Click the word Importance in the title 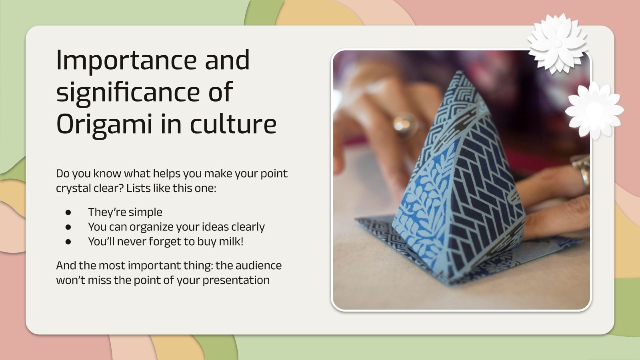click(x=126, y=61)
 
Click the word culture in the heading click(x=233, y=124)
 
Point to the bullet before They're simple click(x=68, y=212)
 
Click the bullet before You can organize click(x=68, y=227)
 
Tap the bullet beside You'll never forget click(x=68, y=242)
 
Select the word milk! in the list click(x=231, y=242)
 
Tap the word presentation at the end click(x=236, y=280)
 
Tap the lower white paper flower click(x=594, y=110)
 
